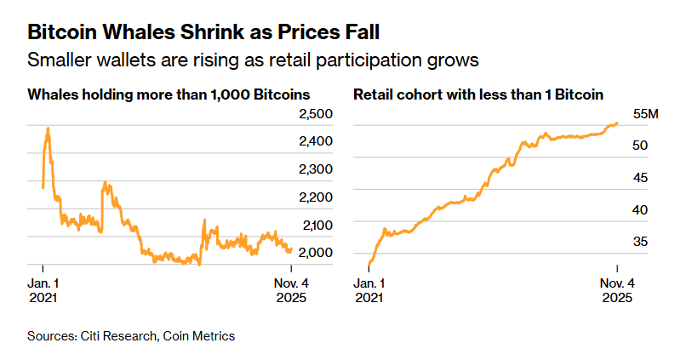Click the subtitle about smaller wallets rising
(x=254, y=60)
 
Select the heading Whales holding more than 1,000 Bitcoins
(x=169, y=94)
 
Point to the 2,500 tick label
(x=315, y=114)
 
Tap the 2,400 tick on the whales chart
(x=315, y=141)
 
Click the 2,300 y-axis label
(x=315, y=169)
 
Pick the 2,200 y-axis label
(x=315, y=197)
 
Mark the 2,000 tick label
(x=315, y=253)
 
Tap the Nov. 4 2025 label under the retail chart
(x=617, y=290)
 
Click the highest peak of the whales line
(x=48, y=129)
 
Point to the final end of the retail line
(x=617, y=123)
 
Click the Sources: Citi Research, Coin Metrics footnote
(x=130, y=336)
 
